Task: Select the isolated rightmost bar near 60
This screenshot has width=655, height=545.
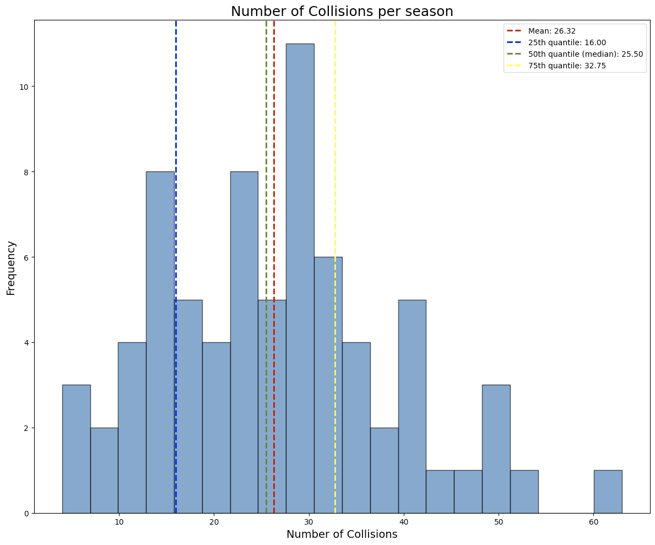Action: (x=608, y=492)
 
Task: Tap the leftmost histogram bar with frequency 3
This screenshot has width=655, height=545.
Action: (x=76, y=449)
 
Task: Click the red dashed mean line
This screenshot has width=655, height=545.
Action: (x=274, y=165)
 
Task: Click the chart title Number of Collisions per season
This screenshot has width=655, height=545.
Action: (x=342, y=12)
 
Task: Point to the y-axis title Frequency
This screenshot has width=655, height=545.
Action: (x=11, y=268)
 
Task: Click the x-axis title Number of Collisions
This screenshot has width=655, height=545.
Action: (x=342, y=534)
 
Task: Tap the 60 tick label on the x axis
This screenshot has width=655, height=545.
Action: (x=593, y=521)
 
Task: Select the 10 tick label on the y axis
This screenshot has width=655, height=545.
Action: (x=24, y=87)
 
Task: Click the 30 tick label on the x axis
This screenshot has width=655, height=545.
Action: (x=308, y=521)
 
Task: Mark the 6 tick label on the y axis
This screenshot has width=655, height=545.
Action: (x=26, y=257)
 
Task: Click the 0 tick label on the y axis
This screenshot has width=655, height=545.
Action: (x=26, y=513)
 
